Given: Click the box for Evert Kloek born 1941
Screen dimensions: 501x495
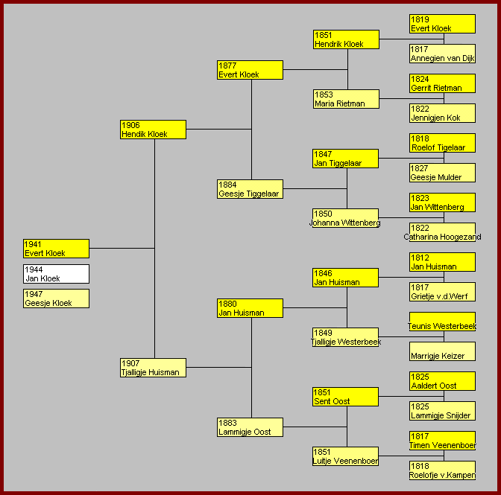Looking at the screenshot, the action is tap(56, 249).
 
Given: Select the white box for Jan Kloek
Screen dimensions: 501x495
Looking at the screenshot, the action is tap(56, 274).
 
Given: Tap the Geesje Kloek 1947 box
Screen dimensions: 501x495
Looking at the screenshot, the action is tap(56, 298).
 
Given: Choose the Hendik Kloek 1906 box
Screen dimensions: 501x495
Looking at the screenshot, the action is tap(153, 130).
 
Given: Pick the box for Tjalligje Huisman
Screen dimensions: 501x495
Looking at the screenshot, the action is tap(153, 368).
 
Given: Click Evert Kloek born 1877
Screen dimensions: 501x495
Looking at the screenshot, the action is tap(250, 70).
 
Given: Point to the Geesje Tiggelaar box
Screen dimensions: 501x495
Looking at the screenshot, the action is tap(250, 189).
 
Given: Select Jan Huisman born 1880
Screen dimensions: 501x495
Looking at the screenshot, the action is tap(250, 308).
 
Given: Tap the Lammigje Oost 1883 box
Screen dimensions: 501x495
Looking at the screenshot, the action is tap(250, 427).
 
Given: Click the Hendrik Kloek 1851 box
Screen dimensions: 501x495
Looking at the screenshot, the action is tap(346, 39).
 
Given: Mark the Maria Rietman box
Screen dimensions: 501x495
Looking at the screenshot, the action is tap(346, 99).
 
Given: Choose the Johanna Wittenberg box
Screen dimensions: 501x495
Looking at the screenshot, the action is tap(345, 218).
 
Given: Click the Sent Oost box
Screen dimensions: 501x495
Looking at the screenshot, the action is tap(345, 397).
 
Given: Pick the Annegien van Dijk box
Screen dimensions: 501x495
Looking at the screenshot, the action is tap(442, 54).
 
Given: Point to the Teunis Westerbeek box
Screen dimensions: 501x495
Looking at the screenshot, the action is tap(442, 322).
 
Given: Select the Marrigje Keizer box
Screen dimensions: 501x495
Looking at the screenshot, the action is tap(442, 351).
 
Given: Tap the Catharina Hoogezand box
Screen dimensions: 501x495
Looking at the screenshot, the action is tap(442, 232).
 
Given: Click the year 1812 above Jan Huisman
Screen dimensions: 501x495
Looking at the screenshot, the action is tap(420, 258).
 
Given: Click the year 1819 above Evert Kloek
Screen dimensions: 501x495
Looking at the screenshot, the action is tap(420, 19).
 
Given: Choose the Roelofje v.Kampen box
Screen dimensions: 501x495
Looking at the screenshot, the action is tap(442, 470).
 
